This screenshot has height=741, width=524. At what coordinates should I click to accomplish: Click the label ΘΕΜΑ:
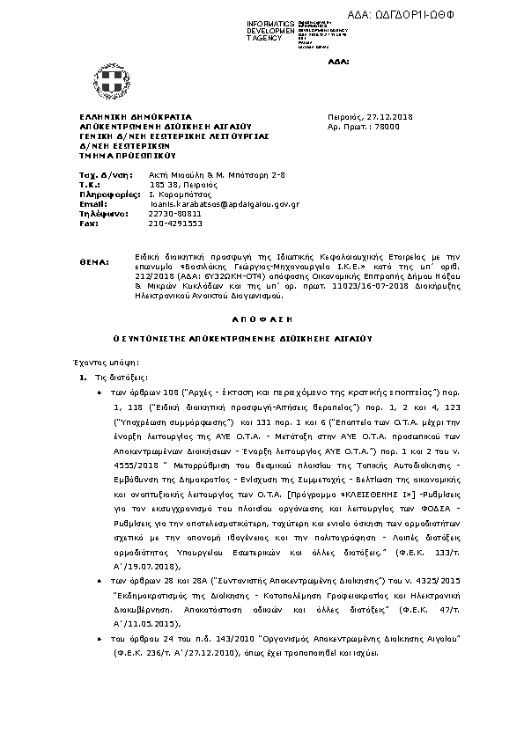pyautogui.click(x=93, y=261)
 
